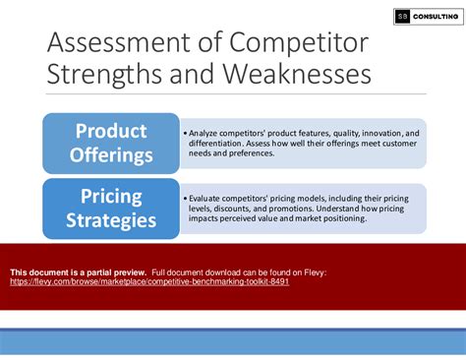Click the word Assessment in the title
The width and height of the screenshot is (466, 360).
(x=110, y=43)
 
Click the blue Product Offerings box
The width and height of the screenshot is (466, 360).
(x=110, y=143)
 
